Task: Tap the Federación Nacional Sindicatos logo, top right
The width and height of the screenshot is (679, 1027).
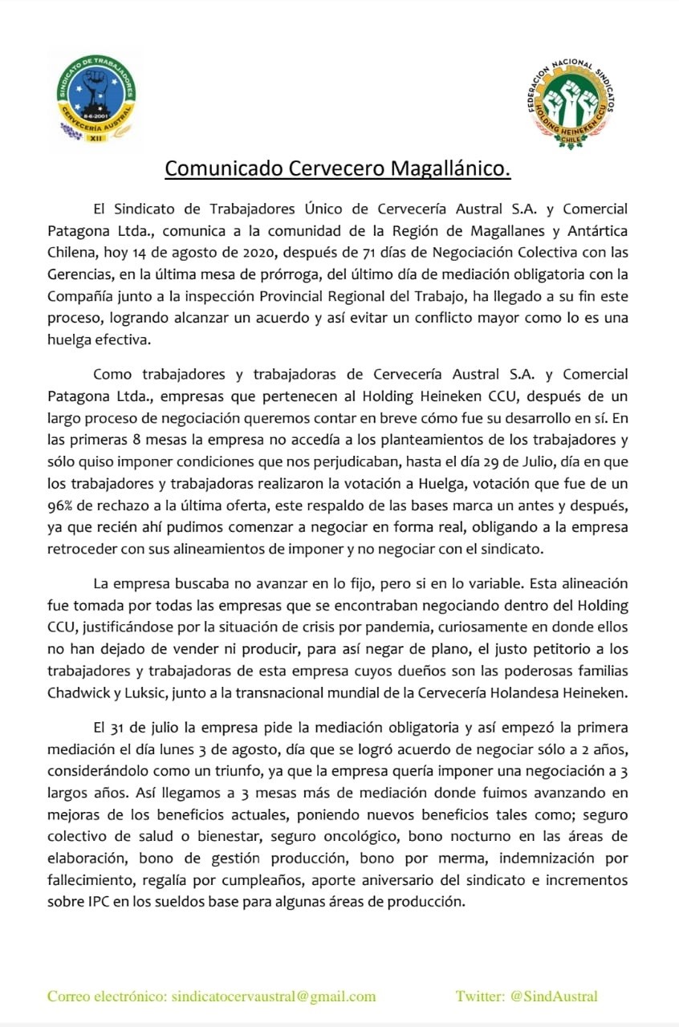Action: pos(573,101)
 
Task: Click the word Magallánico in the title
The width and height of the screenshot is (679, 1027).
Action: pos(450,169)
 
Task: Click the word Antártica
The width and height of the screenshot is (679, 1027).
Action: pos(597,229)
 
